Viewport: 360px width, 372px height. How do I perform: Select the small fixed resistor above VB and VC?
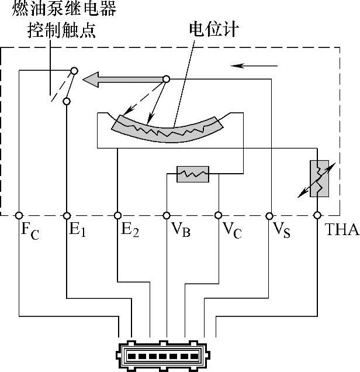coord(192,174)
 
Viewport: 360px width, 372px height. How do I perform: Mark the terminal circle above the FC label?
coord(19,215)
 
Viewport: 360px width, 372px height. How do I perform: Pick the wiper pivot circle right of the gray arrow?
coord(166,79)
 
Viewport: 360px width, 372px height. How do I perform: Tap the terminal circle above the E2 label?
coord(117,215)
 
